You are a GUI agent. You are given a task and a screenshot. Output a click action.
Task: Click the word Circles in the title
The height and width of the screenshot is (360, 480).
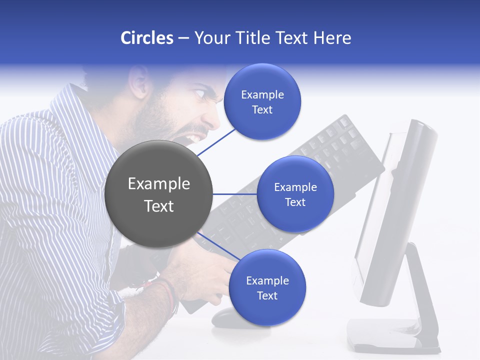tap(146, 38)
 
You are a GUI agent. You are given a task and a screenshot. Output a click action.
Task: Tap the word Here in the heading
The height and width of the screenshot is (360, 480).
tap(332, 38)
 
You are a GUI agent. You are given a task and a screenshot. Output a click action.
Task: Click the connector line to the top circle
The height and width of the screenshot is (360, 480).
tap(216, 142)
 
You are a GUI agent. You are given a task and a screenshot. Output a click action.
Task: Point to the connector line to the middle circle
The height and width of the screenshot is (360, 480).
tap(235, 194)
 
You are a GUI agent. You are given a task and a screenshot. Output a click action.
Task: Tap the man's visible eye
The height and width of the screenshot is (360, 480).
tap(199, 93)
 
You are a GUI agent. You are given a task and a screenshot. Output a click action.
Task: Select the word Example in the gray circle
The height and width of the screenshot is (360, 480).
tap(158, 184)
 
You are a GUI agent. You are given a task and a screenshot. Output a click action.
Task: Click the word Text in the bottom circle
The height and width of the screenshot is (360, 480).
tap(267, 295)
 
